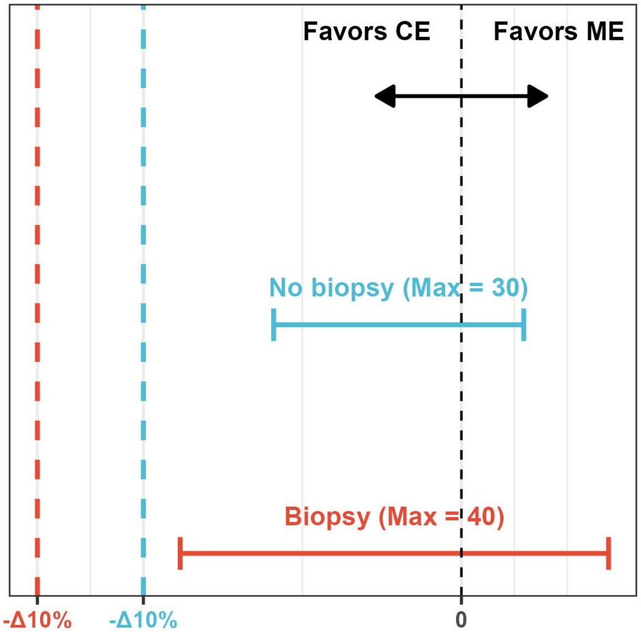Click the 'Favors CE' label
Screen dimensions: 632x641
(366, 31)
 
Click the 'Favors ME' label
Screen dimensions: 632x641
(558, 31)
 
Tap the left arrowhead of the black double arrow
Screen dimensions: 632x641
(385, 96)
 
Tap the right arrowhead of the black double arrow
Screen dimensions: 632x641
(538, 96)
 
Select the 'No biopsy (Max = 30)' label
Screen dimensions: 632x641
(398, 288)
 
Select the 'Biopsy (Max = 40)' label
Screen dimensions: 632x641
(394, 517)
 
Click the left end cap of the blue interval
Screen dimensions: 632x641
(274, 325)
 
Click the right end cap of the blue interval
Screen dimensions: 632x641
(524, 325)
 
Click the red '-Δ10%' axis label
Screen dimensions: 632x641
(37, 620)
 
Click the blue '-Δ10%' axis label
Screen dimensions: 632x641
(143, 620)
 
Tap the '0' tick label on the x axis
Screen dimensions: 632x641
(461, 620)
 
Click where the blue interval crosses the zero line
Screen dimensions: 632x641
(461, 325)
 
